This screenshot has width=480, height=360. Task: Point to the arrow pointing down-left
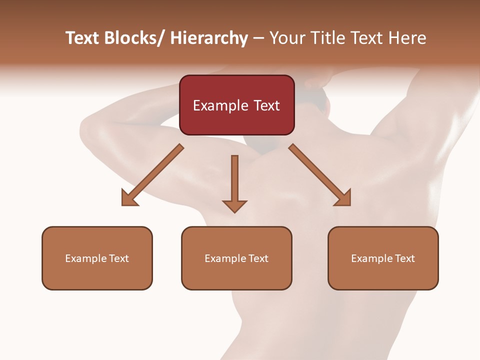click(x=152, y=175)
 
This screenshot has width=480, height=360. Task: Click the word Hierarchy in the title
click(x=209, y=38)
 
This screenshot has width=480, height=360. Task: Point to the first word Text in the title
click(x=82, y=38)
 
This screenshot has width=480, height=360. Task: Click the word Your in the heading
click(x=286, y=38)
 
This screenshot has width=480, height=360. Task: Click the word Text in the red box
click(x=266, y=106)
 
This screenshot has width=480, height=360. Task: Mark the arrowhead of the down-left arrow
click(x=129, y=198)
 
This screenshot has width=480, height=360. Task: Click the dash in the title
click(x=258, y=38)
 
